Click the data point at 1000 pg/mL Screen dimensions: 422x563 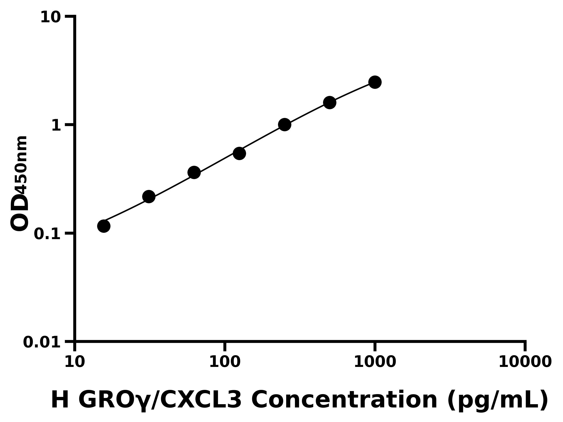(x=375, y=82)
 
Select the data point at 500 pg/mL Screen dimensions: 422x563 (x=330, y=102)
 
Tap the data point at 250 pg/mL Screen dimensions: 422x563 (x=285, y=125)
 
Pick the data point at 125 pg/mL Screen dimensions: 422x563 (x=239, y=153)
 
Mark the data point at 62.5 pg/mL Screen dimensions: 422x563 (x=194, y=173)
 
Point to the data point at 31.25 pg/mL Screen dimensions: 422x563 (x=149, y=197)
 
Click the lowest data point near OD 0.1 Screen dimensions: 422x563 (x=104, y=226)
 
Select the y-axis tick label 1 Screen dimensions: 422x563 (x=56, y=126)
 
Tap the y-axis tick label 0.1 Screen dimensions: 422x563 (x=47, y=234)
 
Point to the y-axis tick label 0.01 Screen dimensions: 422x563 (x=42, y=342)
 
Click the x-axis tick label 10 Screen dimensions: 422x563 (x=75, y=362)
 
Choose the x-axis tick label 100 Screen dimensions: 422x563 (x=225, y=362)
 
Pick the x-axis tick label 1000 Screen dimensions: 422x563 (x=375, y=362)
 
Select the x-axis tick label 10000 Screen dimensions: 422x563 (x=525, y=362)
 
